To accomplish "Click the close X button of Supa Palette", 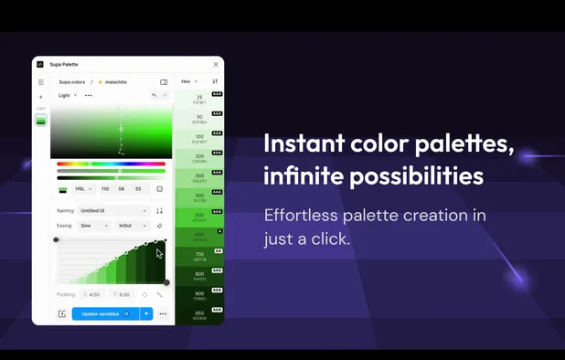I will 216,64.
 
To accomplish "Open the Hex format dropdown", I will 189,81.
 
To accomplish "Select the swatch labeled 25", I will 199,99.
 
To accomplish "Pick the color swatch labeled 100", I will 199,138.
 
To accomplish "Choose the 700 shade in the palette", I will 199,257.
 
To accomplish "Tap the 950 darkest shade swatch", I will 199,315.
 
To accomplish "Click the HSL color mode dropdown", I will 83,189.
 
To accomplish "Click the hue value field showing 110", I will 105,189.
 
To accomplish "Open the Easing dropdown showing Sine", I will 94,225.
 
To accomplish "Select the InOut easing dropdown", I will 130,225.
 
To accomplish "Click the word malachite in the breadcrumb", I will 116,82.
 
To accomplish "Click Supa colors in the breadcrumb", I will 72,82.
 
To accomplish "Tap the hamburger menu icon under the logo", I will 40,82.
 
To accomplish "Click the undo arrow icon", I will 155,95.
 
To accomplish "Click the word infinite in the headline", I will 299,175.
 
